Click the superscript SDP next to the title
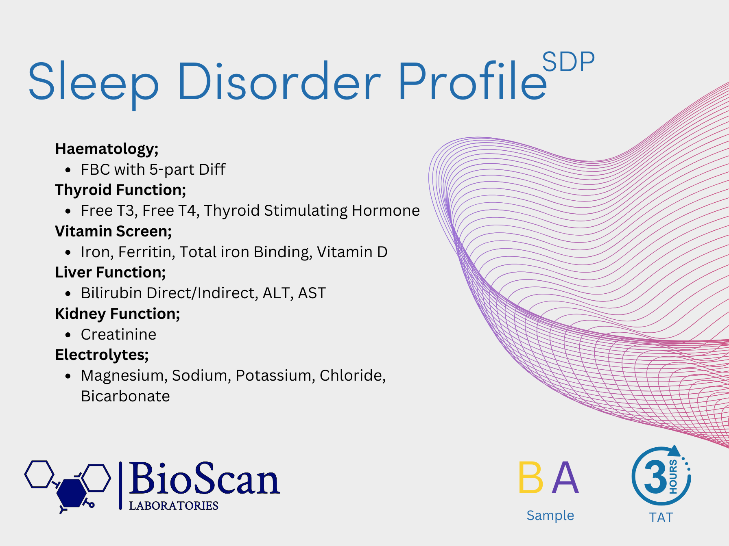point(568,62)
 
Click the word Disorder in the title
point(279,81)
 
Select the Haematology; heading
point(107,149)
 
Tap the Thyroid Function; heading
point(120,190)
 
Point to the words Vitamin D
point(352,252)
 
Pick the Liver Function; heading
point(110,272)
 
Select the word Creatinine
point(118,334)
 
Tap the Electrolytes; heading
point(102,355)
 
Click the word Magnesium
point(124,376)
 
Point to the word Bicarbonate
point(125,396)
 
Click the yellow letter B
point(531,477)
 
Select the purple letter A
point(565,477)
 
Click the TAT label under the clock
point(661,518)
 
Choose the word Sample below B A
point(550,516)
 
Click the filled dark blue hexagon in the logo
point(72,492)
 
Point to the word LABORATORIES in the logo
point(174,506)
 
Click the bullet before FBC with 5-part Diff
point(68,170)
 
